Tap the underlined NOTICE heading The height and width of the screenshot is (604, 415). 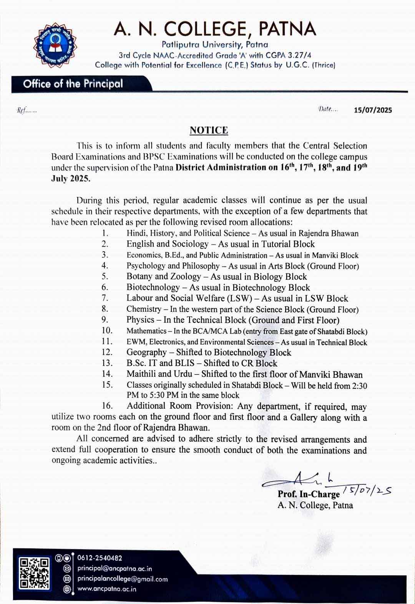coord(209,130)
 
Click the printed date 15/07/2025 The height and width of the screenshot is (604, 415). coord(373,110)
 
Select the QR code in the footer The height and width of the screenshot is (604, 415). coord(35,573)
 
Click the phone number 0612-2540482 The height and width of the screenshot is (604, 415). coord(100,558)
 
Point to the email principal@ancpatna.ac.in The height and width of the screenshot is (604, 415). coord(115,568)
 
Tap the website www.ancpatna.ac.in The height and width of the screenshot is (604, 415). coord(107,589)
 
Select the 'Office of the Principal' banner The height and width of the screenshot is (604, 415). coord(73,84)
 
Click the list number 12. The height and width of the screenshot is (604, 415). coord(107,352)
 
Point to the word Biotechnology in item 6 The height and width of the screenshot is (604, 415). coord(153,288)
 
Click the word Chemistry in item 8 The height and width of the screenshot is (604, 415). coord(144,309)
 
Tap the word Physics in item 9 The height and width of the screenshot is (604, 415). coord(140,320)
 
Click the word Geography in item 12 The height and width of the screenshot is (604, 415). coord(146,353)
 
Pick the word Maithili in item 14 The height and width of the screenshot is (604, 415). coord(141,374)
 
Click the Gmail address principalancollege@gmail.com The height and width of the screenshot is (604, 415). coord(123,579)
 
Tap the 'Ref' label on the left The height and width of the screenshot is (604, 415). coord(22,110)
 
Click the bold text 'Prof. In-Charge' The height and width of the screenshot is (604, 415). coord(309,494)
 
